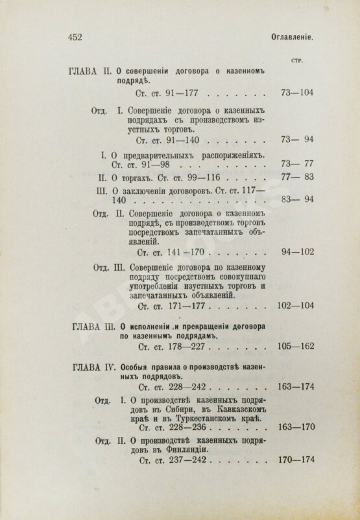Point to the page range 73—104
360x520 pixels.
[x=294, y=93]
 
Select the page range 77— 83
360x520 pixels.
[x=294, y=177]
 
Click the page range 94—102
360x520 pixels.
[x=294, y=249]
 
